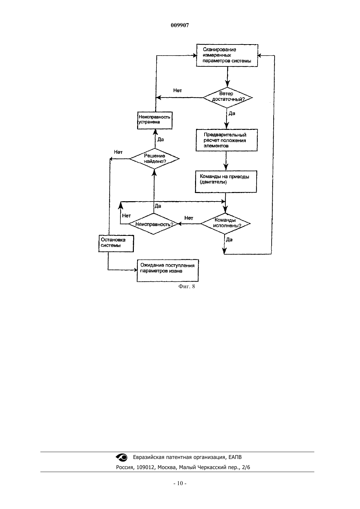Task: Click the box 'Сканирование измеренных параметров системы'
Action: coord(227,55)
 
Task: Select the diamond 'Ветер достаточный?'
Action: coord(227,97)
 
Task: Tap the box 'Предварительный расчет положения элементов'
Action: coord(226,140)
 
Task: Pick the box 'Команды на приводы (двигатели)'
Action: coord(226,182)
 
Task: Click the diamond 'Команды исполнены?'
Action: coord(225,224)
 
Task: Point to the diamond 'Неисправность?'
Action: coord(153,224)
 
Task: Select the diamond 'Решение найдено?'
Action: coord(154,159)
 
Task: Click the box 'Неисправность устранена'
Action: coord(155,120)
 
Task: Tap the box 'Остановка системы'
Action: coord(116,243)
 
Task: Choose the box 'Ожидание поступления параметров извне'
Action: coord(168,271)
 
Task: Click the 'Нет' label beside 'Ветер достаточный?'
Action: coord(177,90)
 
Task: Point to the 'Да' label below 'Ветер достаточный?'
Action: coord(232,114)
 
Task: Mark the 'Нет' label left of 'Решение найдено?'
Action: coord(118,152)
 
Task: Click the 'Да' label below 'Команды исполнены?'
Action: coord(229,239)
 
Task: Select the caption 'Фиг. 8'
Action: coord(187,286)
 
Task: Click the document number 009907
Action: coord(180,25)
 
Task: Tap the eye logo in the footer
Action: coord(122,457)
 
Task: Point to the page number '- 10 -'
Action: coord(180,490)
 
